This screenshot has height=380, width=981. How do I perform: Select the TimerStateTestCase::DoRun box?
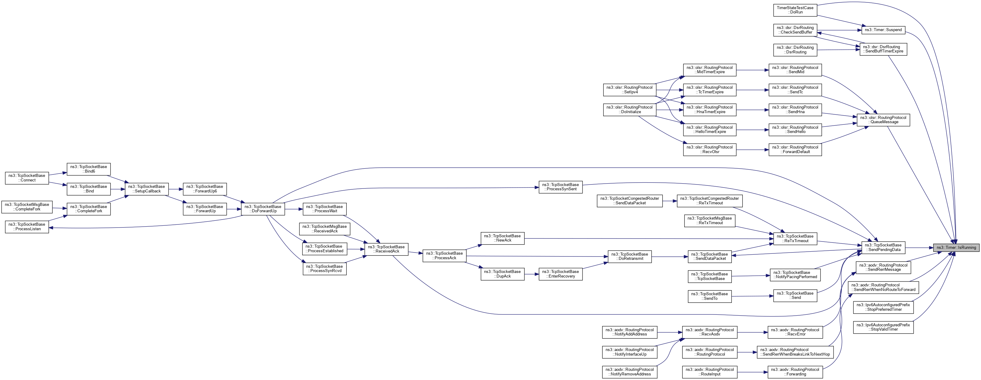coord(795,10)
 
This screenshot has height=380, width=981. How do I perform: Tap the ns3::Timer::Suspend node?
coord(883,30)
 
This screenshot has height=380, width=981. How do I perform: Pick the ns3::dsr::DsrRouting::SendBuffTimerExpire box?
coord(883,49)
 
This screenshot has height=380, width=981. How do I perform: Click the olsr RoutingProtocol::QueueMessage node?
coord(883,120)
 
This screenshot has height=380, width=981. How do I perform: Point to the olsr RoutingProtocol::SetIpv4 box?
coord(629,90)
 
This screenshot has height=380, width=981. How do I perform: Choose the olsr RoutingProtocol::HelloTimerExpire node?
coord(710,130)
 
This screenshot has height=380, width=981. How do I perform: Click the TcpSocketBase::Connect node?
coord(27,178)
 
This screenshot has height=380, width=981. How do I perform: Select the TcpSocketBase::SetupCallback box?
coord(147,189)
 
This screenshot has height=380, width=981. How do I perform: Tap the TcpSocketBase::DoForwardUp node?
coord(263,209)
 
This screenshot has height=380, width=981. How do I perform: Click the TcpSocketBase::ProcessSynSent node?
coord(560,187)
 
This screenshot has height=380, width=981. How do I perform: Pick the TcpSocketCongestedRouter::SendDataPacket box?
coord(629,201)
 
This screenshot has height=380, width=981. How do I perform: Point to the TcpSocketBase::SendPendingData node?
coord(883,247)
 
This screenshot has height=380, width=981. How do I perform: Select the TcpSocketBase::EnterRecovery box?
coord(560,274)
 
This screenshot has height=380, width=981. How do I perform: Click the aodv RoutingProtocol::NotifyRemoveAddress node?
coord(629,372)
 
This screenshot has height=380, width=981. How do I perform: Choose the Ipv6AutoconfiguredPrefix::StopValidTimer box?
coord(883,327)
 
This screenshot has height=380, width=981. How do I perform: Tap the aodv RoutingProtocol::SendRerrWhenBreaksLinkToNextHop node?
coord(795,352)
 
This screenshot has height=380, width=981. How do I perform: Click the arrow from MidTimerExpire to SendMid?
coord(752,70)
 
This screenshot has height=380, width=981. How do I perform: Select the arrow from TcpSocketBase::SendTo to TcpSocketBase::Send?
coord(752,296)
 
